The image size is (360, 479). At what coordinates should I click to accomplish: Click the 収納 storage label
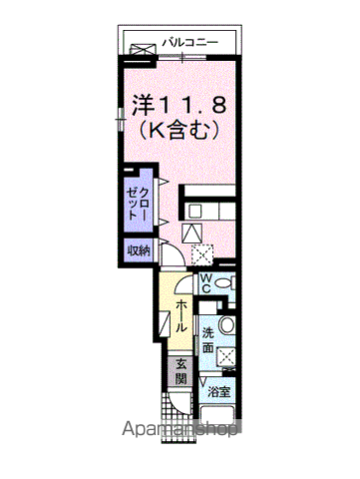pos(138,250)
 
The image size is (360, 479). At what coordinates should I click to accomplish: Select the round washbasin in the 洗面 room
pos(226,324)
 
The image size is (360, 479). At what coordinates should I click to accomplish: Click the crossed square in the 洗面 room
pos(225,356)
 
